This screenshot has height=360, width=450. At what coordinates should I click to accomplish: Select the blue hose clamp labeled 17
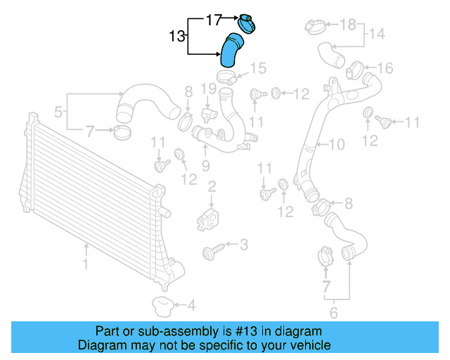click(x=246, y=22)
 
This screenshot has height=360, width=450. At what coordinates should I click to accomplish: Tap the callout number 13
click(x=178, y=34)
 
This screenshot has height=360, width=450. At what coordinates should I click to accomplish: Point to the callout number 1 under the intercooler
click(x=85, y=265)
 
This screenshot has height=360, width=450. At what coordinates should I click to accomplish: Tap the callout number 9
click(x=205, y=165)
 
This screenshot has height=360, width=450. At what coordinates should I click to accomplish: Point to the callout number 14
click(x=377, y=33)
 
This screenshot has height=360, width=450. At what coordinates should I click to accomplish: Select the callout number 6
click(x=334, y=313)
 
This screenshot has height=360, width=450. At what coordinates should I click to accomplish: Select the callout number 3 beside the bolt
click(x=243, y=245)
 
